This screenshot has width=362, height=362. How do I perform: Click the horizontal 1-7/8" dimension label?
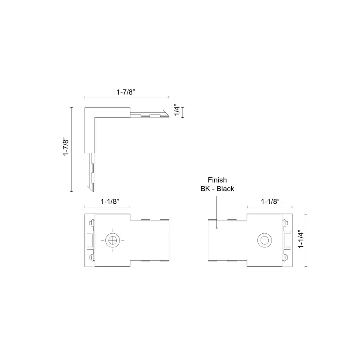[126, 92]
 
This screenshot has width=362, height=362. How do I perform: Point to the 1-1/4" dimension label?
[301, 240]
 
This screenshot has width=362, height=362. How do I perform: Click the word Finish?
[217, 180]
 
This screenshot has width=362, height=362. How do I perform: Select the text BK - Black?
[217, 188]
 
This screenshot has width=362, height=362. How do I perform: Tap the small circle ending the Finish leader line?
[217, 228]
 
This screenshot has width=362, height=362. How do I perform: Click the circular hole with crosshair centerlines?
[113, 240]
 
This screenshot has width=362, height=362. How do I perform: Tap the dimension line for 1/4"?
[183, 113]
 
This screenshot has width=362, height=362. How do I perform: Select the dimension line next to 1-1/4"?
[307, 240]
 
